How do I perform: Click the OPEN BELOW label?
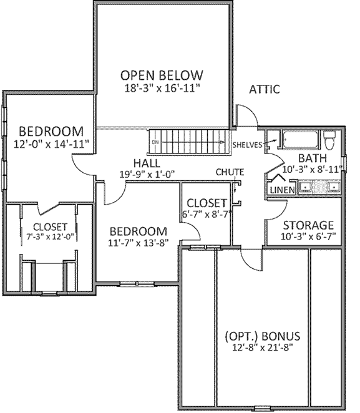coord(162,75)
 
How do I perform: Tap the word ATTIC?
coord(264,89)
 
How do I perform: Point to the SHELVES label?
coord(246,145)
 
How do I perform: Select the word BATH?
coord(311,158)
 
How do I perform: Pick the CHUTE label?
coord(230,172)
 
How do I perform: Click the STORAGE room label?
coord(309,225)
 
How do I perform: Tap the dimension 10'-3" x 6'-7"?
coord(309,236)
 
